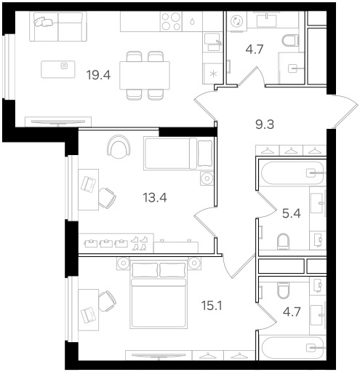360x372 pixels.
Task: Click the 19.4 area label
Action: click(98, 75)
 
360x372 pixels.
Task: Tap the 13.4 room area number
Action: click(155, 197)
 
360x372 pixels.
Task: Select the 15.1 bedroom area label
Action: click(212, 306)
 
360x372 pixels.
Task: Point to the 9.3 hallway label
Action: click(265, 124)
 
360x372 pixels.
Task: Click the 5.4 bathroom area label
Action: click(292, 213)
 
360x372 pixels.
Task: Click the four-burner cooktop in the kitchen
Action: click(171, 22)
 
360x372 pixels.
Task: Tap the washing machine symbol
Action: click(236, 21)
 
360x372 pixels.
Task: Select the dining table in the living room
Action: click(145, 75)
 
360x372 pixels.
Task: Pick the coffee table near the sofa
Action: click(58, 69)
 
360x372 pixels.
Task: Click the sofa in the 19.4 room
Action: click(58, 26)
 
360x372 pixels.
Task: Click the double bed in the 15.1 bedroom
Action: click(159, 293)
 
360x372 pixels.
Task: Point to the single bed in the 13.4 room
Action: click(178, 153)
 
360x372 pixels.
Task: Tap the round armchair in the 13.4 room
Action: click(119, 147)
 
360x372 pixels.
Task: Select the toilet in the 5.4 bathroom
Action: click(283, 242)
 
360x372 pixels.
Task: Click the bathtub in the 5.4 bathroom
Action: click(293, 173)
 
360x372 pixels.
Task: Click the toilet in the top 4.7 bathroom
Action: click(290, 41)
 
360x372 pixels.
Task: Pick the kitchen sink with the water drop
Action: click(192, 22)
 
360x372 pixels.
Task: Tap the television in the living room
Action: click(58, 122)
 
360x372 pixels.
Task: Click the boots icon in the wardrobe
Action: click(139, 243)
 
